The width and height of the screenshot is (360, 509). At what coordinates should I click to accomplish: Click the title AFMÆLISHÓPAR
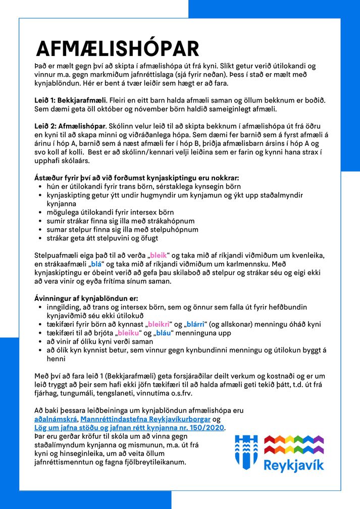[x=118, y=48]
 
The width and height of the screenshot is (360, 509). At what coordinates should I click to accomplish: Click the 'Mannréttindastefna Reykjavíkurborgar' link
[x=145, y=419]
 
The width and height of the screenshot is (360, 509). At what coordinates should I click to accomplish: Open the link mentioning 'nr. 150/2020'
[x=129, y=428]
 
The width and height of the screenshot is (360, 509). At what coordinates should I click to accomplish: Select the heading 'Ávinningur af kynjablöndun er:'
[x=85, y=298]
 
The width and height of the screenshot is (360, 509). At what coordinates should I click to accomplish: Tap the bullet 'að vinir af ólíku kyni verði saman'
[x=100, y=341]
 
